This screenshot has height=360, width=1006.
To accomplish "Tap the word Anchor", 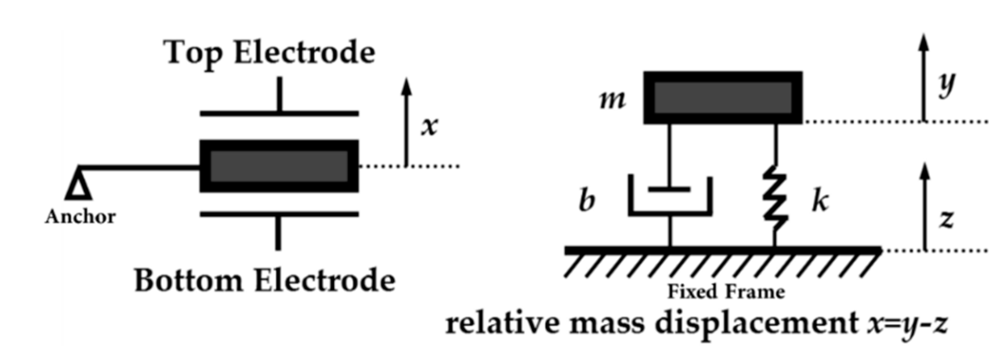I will (x=80, y=216).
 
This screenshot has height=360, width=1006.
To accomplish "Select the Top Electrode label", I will (x=270, y=53).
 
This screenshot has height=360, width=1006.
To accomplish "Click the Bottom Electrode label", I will (x=265, y=280).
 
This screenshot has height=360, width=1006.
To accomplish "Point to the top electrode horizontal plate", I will (x=279, y=113).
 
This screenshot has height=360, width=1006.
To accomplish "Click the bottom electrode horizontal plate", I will (x=279, y=214).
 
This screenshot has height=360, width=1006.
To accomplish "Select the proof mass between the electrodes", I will (x=279, y=166).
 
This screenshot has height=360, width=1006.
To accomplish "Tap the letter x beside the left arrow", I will (x=429, y=127).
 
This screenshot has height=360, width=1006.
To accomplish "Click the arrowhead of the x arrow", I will (x=406, y=87).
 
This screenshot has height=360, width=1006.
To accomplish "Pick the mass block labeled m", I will (x=723, y=98).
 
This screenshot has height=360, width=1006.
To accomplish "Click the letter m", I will (x=613, y=100).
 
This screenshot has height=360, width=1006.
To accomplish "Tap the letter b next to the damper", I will (x=586, y=201).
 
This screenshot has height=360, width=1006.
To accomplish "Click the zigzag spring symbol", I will (x=775, y=198).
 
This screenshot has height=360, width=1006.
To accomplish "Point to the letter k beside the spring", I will (x=820, y=201).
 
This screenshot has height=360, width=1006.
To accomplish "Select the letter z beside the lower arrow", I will (x=946, y=219).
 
